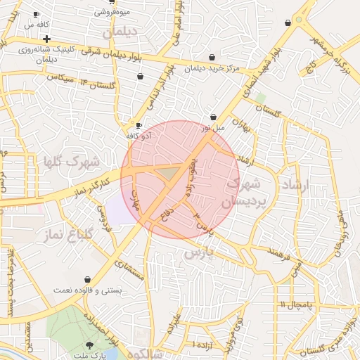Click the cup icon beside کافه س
click(37, 14)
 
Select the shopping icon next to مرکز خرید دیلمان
click(210, 58)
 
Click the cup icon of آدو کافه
click(139, 125)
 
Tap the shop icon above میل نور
click(214, 117)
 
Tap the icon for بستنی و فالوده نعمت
click(87, 279)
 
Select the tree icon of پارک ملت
click(89, 344)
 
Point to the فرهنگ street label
click(279, 250)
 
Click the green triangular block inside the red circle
click(167, 172)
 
